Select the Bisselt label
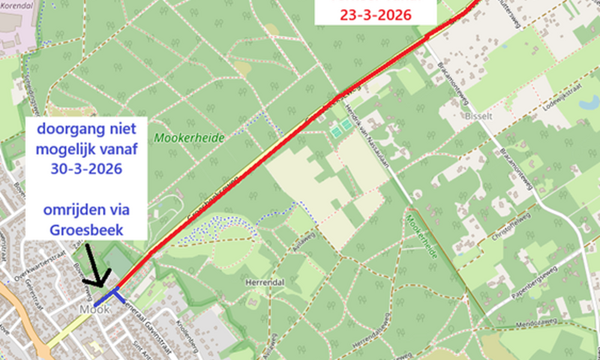(478, 115)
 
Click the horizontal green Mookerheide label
(189, 138)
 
